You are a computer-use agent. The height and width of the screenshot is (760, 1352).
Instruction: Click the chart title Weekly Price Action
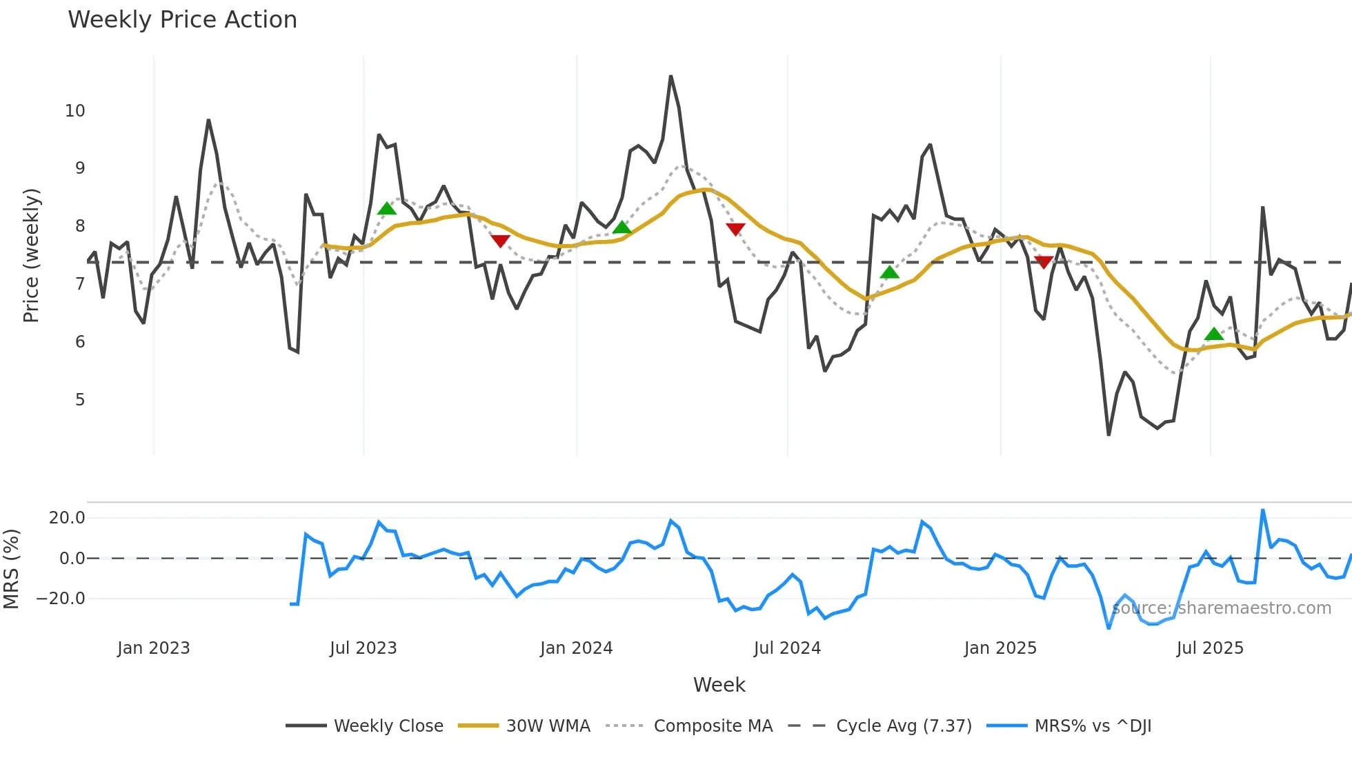tap(182, 20)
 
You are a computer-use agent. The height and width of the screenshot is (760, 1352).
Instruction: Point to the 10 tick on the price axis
tap(75, 111)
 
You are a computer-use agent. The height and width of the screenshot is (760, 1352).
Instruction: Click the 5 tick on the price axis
tap(80, 400)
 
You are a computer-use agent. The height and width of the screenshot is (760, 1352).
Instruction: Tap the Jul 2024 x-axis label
tap(787, 648)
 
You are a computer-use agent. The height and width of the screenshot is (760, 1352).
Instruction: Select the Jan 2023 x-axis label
tap(153, 648)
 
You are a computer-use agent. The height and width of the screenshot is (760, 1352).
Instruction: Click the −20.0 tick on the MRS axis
tap(61, 599)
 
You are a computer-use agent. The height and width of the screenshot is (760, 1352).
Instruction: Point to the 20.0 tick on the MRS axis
tap(67, 518)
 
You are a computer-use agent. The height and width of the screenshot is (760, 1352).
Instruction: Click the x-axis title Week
tap(719, 685)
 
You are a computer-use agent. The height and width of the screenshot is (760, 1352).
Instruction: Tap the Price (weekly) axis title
tap(32, 255)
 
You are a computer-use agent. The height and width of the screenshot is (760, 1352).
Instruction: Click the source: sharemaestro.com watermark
tap(1222, 608)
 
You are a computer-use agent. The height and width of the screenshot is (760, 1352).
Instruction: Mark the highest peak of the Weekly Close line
tap(670, 77)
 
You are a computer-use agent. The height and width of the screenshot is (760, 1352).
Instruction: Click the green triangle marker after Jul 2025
tap(1214, 334)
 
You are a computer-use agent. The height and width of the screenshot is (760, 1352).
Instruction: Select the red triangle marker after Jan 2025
tap(1044, 261)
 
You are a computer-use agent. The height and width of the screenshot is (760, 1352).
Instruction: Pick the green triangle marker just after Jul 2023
tap(387, 208)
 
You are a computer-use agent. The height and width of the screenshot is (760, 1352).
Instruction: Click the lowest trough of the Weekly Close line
tap(1109, 434)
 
